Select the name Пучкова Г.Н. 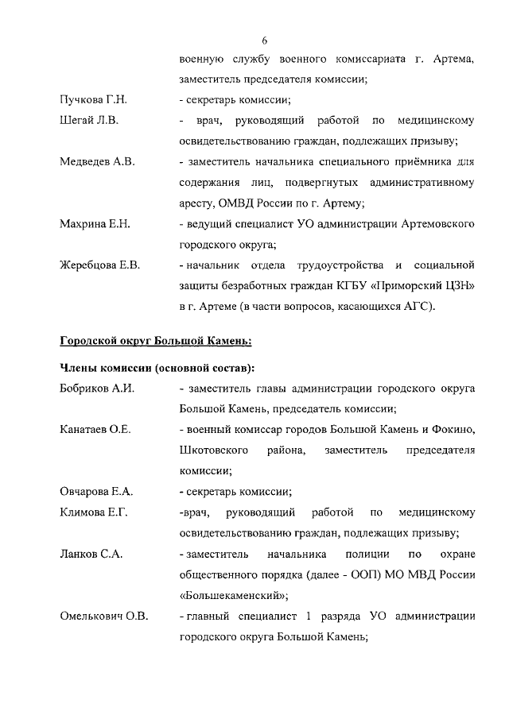pyautogui.click(x=93, y=100)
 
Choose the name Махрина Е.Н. pyautogui.click(x=95, y=224)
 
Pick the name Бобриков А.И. pyautogui.click(x=95, y=388)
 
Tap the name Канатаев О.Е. pyautogui.click(x=95, y=430)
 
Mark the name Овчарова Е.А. pyautogui.click(x=95, y=490)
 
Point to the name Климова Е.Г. pyautogui.click(x=93, y=512)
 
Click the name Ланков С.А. pyautogui.click(x=90, y=553)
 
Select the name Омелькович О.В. pyautogui.click(x=103, y=615)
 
